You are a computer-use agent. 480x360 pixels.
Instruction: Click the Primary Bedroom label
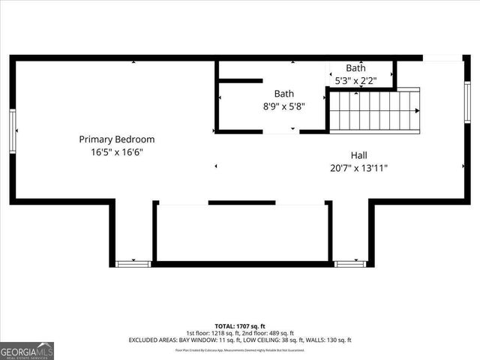117,139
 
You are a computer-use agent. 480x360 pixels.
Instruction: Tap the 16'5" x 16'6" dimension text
117,151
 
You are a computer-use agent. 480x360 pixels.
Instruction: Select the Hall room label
358,155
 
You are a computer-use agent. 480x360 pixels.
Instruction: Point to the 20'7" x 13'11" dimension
358,168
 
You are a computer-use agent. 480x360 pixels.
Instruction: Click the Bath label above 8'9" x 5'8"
283,94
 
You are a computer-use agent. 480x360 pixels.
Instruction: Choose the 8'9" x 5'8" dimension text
283,106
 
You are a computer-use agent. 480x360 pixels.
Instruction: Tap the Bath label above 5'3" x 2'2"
355,67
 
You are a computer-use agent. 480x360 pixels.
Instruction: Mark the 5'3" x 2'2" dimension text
355,79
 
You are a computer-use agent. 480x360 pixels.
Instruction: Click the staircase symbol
374,110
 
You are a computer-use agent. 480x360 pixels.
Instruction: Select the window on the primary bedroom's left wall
13,131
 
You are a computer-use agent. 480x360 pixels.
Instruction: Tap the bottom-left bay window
133,263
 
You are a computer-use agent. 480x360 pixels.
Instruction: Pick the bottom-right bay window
349,263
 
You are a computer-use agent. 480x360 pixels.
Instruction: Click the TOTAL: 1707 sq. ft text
240,326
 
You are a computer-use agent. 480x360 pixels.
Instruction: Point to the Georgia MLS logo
27,350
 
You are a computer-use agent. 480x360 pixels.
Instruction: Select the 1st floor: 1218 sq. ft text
212,333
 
